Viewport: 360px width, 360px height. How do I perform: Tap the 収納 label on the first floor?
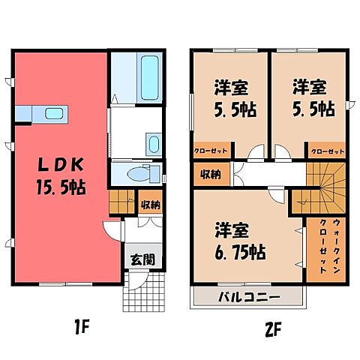tap(149, 204)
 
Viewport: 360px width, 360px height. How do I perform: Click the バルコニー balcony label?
tap(249, 296)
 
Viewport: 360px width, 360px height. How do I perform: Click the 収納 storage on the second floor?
tap(210, 175)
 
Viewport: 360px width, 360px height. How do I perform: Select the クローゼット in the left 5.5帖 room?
tap(211, 150)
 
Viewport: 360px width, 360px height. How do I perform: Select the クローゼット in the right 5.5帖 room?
tap(328, 150)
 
